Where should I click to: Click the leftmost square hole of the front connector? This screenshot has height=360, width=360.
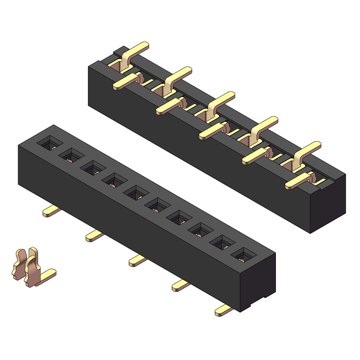coord(50,144)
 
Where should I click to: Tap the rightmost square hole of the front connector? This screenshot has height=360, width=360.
coord(243,255)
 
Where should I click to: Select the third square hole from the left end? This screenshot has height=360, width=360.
coord(93,168)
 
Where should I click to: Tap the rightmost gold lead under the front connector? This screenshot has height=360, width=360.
coord(224,310)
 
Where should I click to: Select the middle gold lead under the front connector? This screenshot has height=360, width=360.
coord(138,260)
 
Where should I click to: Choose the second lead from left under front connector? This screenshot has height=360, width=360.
coord(95,236)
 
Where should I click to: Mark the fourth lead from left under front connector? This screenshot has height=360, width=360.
coord(181,285)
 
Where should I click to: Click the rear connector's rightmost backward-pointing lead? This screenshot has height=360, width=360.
coord(309,149)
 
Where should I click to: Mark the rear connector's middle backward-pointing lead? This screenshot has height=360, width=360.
coord(222,99)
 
